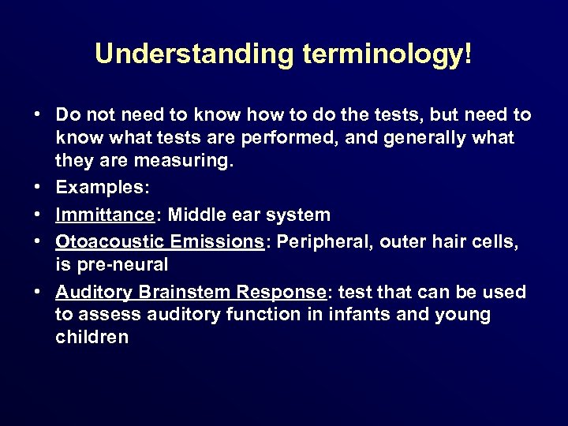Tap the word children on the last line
point(92,338)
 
